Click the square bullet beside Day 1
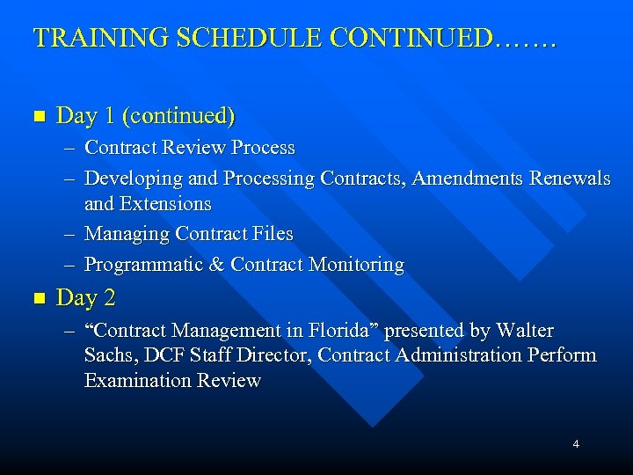coord(37,116)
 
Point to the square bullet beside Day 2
coord(37,298)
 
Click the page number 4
coord(576,444)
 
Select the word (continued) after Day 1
coord(178,115)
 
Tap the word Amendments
coord(468,179)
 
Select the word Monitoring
coord(356,265)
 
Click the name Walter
coord(525,331)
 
